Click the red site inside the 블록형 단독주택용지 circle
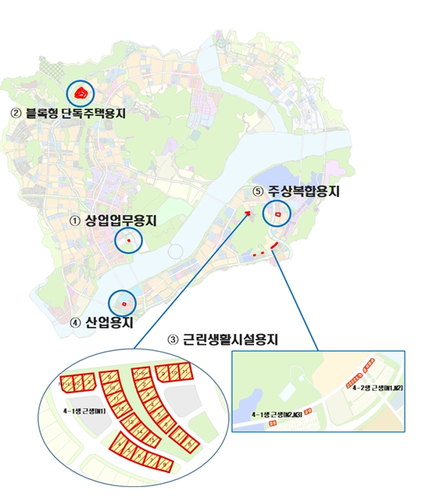80,95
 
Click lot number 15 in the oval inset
152,440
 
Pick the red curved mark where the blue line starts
270,248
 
